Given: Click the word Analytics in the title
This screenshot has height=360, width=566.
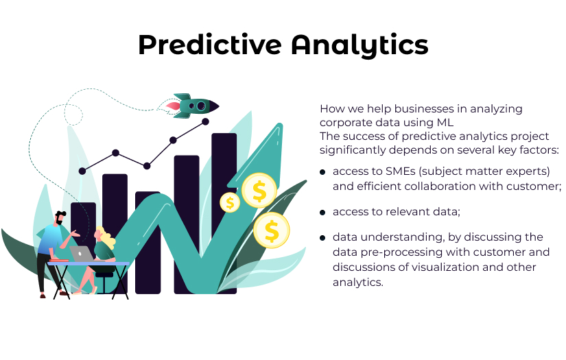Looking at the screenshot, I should click(359, 45).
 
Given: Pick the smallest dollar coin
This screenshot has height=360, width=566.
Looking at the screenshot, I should click(230, 202).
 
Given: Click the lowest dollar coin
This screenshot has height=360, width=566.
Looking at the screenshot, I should click(272, 230).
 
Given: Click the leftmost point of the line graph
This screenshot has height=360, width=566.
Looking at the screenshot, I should click(82, 171).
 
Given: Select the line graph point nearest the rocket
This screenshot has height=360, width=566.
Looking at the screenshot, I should click(205, 121).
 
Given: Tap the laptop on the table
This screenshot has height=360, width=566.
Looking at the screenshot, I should click(82, 253).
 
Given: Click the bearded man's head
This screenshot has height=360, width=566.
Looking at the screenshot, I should click(60, 219).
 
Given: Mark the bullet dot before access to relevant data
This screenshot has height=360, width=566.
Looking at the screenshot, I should click(322, 212).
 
